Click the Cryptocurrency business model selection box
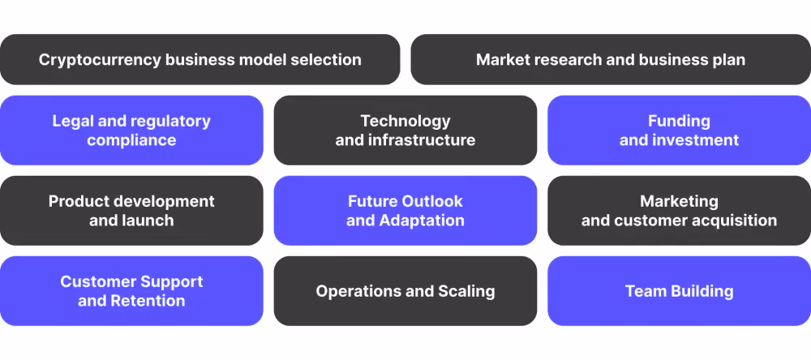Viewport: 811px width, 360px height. (200, 59)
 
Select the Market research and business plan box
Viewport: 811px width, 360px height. (611, 59)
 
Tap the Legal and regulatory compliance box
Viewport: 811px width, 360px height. (131, 131)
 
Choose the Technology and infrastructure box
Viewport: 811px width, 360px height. (405, 131)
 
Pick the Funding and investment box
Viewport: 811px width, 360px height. (679, 131)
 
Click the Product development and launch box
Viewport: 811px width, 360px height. (131, 211)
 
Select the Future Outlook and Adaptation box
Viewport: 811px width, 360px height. (405, 211)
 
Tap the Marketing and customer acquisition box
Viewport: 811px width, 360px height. (679, 211)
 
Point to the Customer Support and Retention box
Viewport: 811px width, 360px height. (131, 291)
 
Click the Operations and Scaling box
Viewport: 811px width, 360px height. (405, 291)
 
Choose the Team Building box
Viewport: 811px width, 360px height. (679, 291)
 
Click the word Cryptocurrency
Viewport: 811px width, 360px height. (100, 60)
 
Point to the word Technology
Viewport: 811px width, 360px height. (405, 122)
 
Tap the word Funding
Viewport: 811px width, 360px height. (679, 122)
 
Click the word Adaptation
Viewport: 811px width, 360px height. (422, 221)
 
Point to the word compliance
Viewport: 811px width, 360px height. (131, 140)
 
